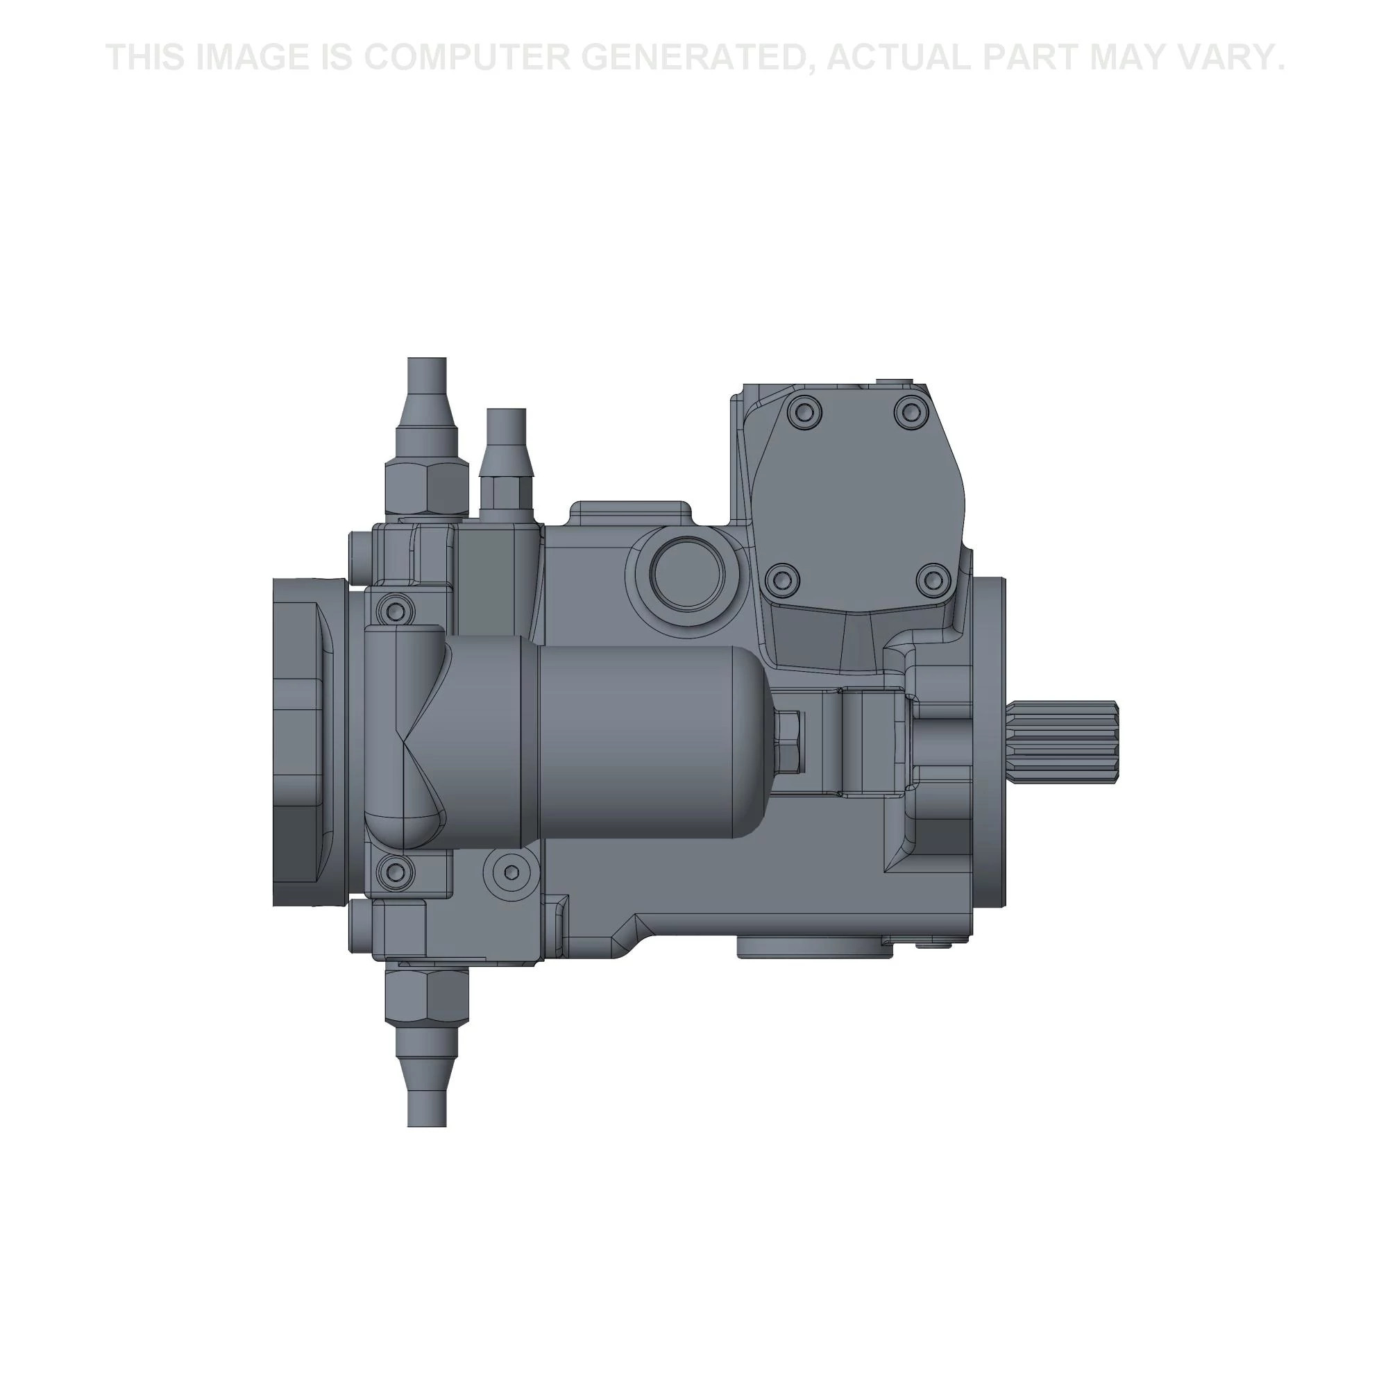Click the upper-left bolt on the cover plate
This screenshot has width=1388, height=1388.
(803, 411)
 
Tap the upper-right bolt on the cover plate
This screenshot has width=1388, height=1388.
(910, 412)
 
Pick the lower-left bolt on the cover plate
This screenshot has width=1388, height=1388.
(782, 578)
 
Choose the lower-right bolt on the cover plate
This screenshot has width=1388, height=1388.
(933, 578)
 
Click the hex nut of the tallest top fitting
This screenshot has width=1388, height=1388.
(427, 486)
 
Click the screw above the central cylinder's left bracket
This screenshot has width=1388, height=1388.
(394, 611)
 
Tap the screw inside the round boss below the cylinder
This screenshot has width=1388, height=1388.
(511, 872)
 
